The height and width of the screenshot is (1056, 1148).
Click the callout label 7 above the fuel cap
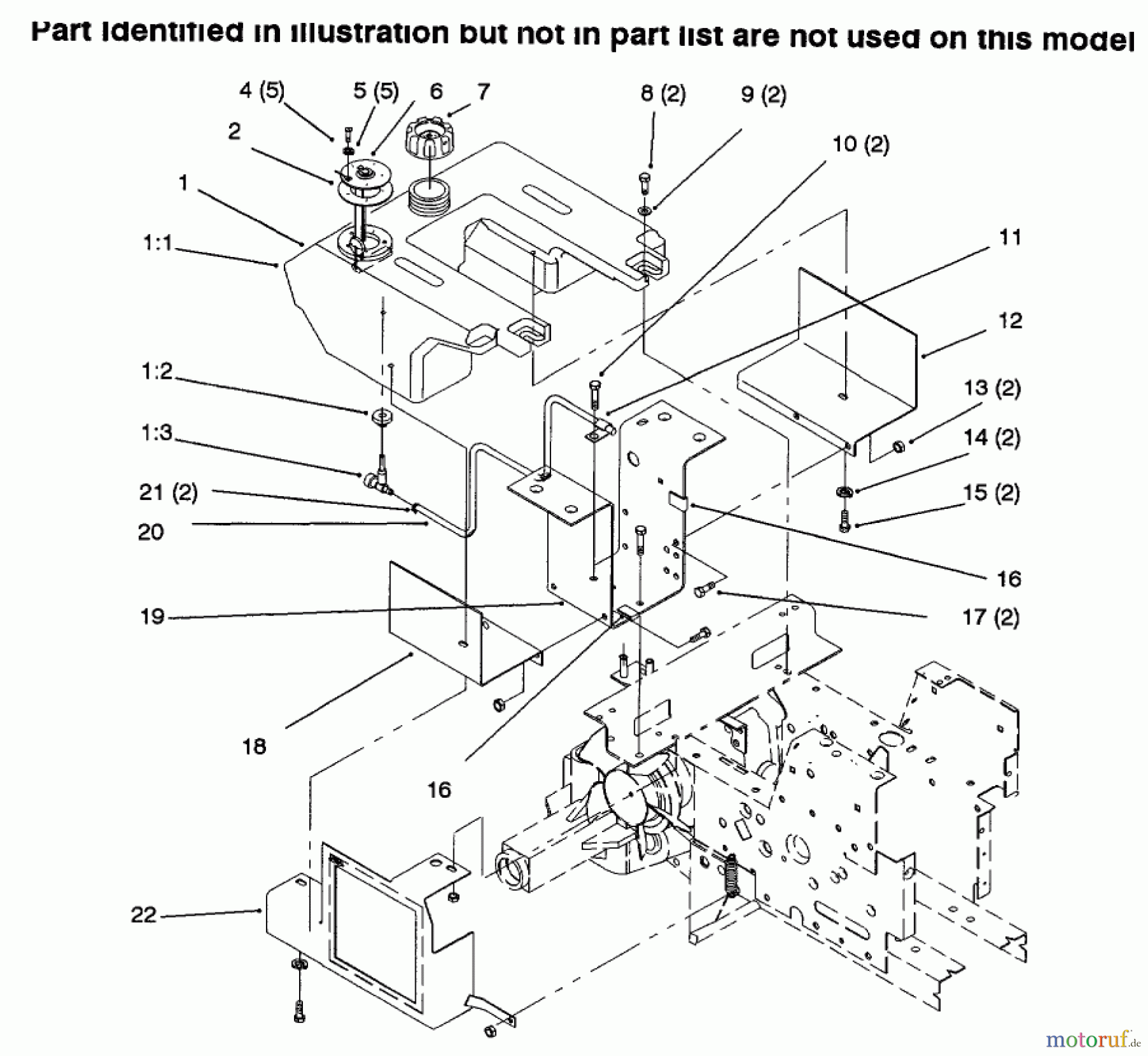point(483,92)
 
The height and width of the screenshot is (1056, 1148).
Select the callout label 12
point(1010,320)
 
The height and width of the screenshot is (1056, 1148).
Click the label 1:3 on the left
point(157,432)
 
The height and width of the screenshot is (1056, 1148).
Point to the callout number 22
point(143,915)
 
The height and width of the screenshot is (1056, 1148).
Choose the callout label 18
point(254,746)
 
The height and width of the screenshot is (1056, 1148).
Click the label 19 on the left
point(152,617)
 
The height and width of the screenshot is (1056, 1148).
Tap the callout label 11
point(1010,238)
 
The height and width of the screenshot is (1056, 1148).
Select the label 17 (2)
point(990,617)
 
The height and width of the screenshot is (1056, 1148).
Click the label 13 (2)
point(992,388)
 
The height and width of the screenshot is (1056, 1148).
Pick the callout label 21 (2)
point(168,492)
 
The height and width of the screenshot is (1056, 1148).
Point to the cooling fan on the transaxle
point(628,794)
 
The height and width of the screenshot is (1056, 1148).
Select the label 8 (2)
point(663,95)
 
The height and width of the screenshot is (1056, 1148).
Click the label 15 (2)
point(991,493)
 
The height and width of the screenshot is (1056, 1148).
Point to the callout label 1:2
point(157,371)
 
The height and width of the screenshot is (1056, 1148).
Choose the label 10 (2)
point(860,144)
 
